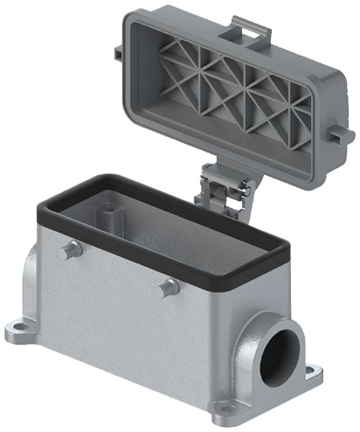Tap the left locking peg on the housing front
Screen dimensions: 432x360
[x=69, y=250]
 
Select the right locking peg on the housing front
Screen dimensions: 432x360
[x=170, y=287]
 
